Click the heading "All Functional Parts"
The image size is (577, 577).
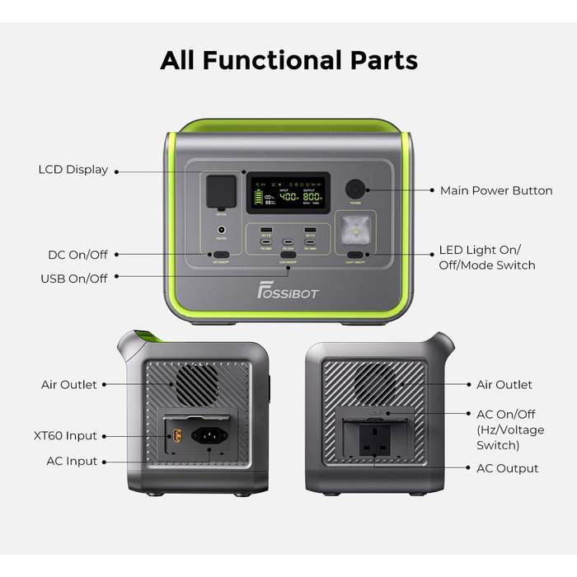coord(288,60)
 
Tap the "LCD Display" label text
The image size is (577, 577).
coord(73,170)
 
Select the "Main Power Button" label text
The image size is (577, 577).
coord(496,190)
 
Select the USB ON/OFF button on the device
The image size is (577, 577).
coord(288,255)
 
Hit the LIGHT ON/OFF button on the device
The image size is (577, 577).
coord(355,255)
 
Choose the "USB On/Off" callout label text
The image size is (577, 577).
coord(74,279)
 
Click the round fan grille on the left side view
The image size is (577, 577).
coord(195,384)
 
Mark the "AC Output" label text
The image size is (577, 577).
coord(508,468)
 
